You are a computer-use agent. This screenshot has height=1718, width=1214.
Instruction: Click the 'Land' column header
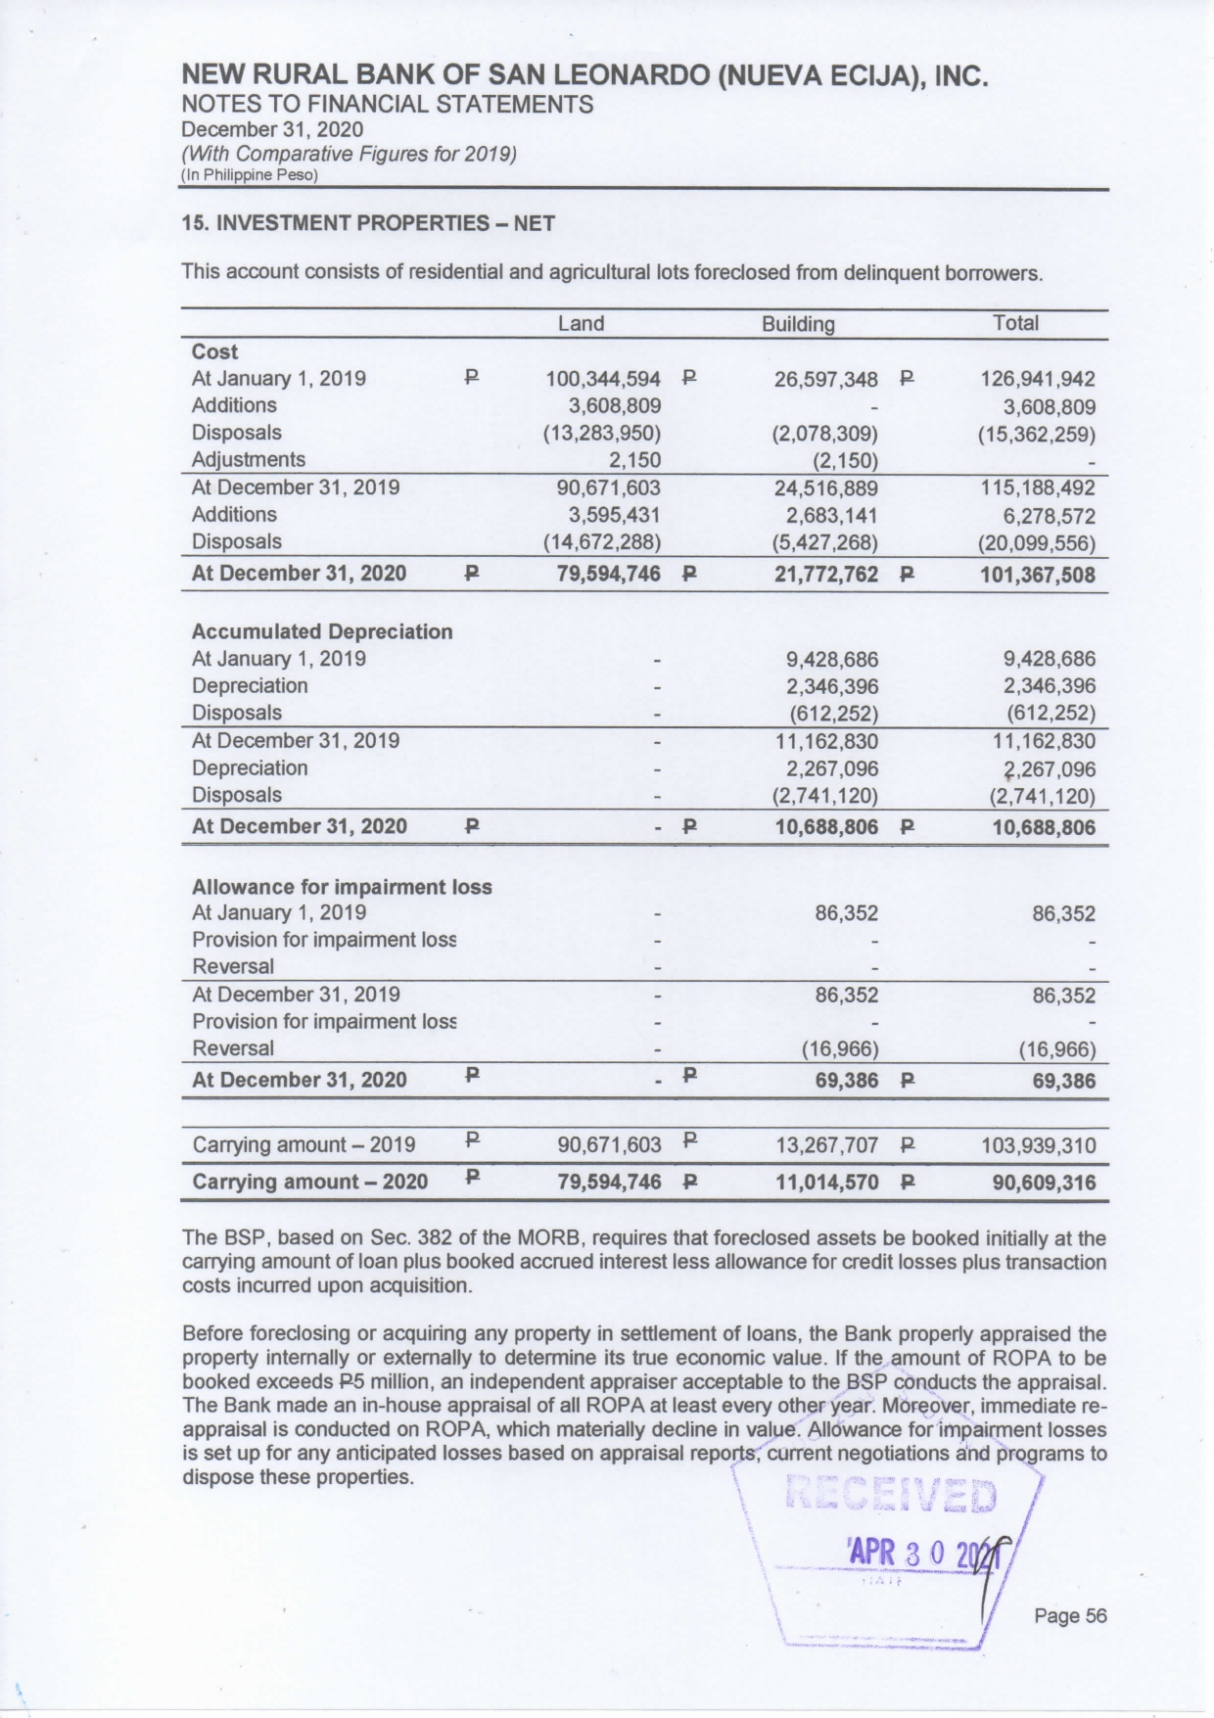(x=581, y=324)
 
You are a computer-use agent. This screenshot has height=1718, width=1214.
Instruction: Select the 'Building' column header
(x=798, y=324)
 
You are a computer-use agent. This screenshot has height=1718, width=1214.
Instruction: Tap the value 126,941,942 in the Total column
(x=1038, y=379)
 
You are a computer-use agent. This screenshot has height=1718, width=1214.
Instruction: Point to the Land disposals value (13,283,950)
(x=602, y=433)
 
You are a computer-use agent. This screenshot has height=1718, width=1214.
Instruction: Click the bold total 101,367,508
(x=1038, y=575)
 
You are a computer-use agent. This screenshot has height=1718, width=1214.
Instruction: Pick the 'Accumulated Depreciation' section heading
(x=322, y=631)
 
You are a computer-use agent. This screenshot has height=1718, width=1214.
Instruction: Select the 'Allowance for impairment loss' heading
(x=342, y=887)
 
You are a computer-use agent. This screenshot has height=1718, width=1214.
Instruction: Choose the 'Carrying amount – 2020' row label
(x=309, y=1182)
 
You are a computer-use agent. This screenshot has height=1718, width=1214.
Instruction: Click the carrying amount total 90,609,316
(x=1044, y=1183)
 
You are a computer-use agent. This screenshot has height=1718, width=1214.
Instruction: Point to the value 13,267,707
(x=826, y=1145)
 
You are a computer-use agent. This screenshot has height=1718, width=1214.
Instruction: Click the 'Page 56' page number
(x=1070, y=1616)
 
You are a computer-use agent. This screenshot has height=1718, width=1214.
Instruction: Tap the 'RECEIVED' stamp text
(x=891, y=1497)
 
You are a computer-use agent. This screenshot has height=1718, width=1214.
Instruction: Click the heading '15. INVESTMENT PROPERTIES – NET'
(x=368, y=223)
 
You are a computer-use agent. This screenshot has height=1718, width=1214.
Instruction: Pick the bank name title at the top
(x=584, y=75)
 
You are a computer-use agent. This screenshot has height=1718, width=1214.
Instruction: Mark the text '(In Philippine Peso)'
(x=250, y=176)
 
